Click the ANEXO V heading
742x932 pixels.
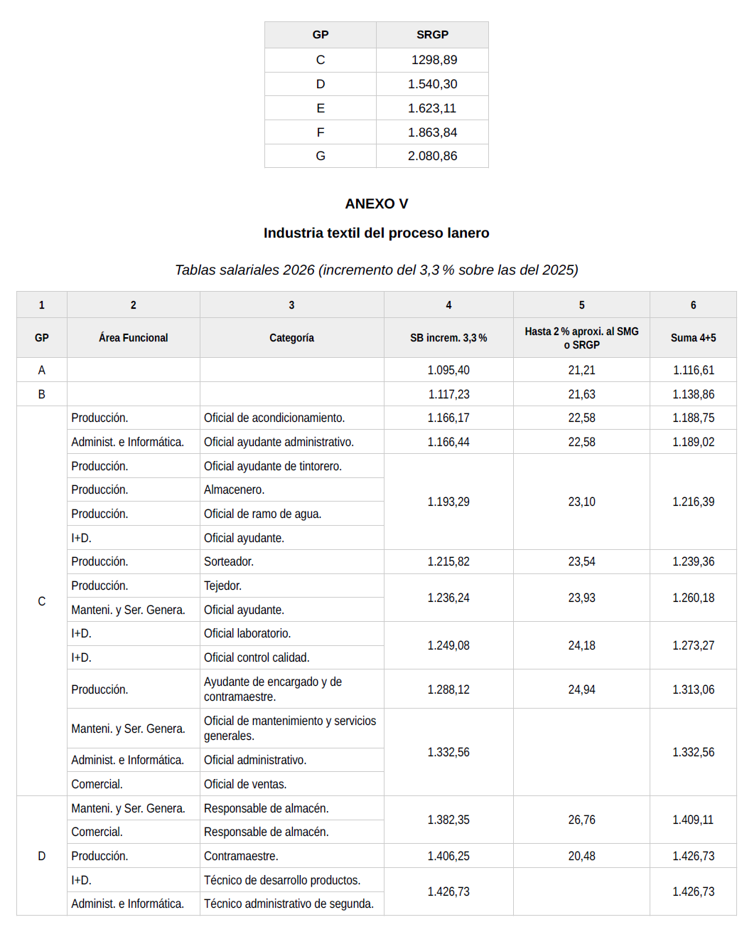[x=376, y=203]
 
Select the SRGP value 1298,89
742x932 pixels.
[x=434, y=60]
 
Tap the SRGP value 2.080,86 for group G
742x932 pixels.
[x=432, y=156]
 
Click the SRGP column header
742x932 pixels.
[x=432, y=34]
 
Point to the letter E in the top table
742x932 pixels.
[x=321, y=108]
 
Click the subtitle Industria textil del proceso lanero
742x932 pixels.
[x=376, y=233]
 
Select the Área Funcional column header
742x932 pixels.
[x=133, y=338]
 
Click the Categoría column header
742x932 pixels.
[x=291, y=338]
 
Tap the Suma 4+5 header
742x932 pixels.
[x=693, y=338]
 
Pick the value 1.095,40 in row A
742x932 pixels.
[x=448, y=370]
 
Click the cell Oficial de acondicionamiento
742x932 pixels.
[x=274, y=418]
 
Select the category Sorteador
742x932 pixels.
[x=229, y=561]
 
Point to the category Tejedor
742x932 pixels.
[x=222, y=586]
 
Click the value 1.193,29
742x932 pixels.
[x=448, y=502]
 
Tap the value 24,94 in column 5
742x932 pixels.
[x=581, y=689]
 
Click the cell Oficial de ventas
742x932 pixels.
[x=245, y=784]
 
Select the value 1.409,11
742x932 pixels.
[x=693, y=820]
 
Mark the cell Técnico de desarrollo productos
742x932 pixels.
[x=282, y=880]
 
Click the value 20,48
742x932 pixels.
[x=581, y=856]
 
